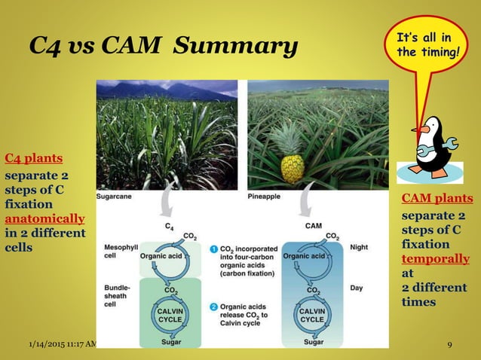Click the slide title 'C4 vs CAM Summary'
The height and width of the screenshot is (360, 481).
tap(163, 47)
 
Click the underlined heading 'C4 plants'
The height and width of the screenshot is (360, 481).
tap(33, 158)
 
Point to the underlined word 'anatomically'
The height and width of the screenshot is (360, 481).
tap(44, 218)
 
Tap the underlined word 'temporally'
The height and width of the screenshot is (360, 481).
tap(435, 259)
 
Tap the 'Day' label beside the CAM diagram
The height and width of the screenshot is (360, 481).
tap(357, 288)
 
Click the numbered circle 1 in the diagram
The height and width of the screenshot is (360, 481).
tap(214, 248)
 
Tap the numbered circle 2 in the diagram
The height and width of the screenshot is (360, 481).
tap(214, 307)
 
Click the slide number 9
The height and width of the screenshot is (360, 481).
tap(449, 345)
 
